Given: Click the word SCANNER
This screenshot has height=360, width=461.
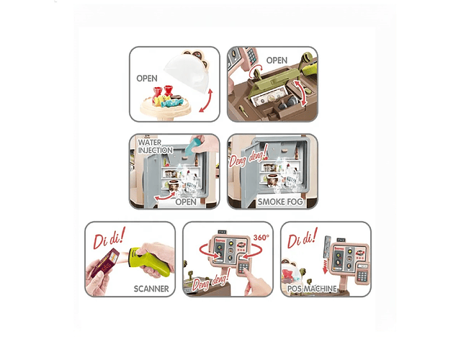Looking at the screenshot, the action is click(x=151, y=289).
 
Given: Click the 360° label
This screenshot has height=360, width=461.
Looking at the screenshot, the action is click(x=261, y=238).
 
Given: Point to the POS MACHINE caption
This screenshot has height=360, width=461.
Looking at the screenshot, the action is click(x=312, y=289).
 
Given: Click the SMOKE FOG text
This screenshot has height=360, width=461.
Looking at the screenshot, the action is click(x=280, y=202).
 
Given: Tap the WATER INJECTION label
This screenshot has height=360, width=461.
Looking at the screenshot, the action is click(x=156, y=146).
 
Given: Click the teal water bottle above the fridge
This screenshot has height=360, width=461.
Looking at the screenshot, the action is click(x=193, y=146).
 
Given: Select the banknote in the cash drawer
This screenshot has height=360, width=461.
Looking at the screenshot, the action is click(x=268, y=96).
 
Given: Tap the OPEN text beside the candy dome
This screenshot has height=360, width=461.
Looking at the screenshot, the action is click(x=147, y=78).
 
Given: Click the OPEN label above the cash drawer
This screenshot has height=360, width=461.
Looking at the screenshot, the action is click(x=277, y=60).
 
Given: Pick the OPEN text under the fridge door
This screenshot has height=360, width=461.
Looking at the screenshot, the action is click(x=186, y=202).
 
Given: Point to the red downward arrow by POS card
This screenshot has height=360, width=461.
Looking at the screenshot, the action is click(x=325, y=266).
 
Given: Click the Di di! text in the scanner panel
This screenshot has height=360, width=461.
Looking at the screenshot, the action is click(x=109, y=238).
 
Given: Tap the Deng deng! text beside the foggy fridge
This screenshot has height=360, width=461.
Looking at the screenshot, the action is click(x=249, y=156).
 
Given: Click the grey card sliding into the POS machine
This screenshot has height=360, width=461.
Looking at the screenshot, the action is click(x=326, y=246).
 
